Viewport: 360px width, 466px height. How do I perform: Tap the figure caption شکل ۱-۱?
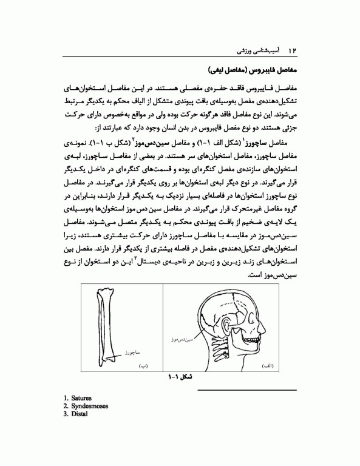click(x=180, y=377)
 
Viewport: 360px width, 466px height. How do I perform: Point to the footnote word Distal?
click(x=79, y=415)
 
